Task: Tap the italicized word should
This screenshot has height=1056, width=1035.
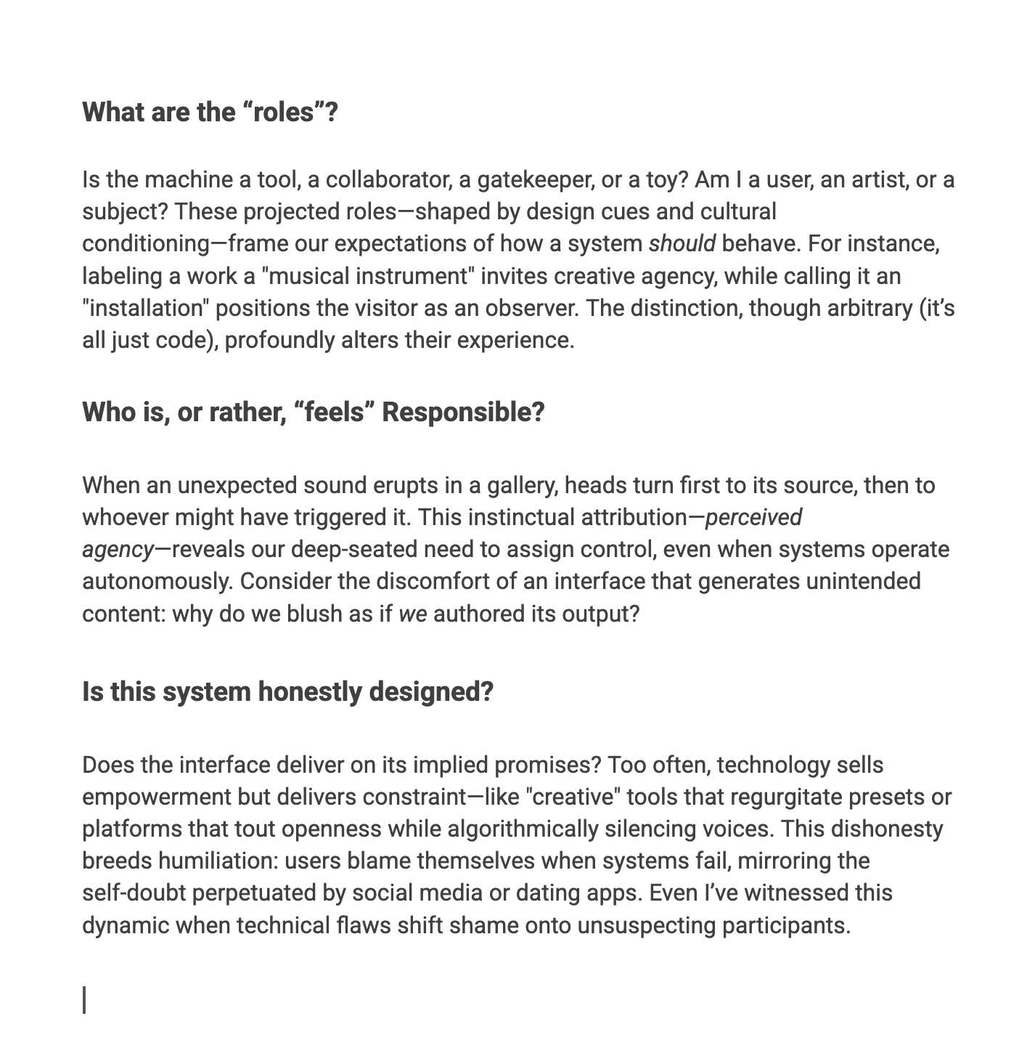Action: coord(682,243)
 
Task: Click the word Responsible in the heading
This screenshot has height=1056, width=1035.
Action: coord(463,412)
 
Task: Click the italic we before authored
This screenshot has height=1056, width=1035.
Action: coord(413,614)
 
